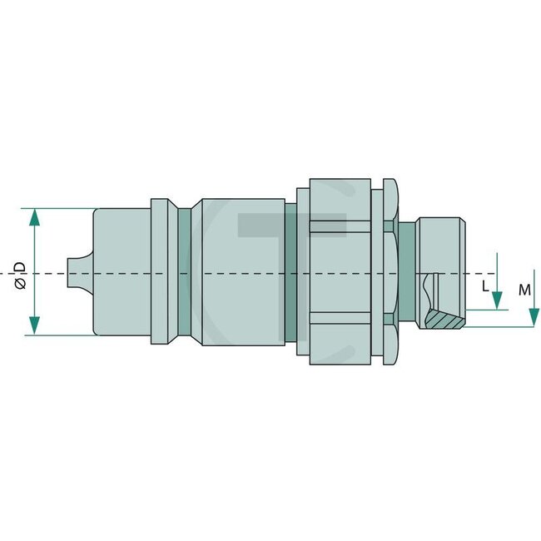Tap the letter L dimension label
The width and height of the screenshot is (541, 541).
click(x=486, y=285)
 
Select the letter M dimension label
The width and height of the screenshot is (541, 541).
click(x=524, y=290)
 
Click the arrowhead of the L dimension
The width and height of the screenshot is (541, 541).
click(x=496, y=301)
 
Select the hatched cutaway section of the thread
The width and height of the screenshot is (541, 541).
click(x=443, y=317)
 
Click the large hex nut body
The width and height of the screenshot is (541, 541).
click(x=340, y=271)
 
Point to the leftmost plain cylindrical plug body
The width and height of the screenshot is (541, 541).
click(x=122, y=271)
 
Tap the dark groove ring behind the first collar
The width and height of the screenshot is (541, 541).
click(x=183, y=271)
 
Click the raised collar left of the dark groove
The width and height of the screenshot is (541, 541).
click(x=163, y=271)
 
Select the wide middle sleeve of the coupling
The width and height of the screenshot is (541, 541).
click(x=241, y=271)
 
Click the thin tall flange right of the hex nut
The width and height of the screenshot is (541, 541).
click(x=387, y=271)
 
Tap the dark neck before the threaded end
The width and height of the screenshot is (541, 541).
click(x=406, y=271)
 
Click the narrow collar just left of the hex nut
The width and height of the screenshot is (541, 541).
click(x=302, y=271)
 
